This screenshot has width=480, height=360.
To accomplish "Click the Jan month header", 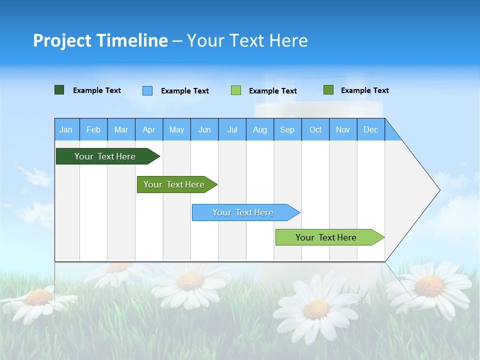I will (x=66, y=129).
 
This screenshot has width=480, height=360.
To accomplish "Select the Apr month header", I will (x=148, y=129).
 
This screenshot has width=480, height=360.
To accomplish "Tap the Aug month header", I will (x=259, y=129).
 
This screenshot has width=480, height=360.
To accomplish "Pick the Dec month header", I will (x=370, y=129).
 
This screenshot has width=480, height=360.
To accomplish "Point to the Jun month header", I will (x=204, y=129).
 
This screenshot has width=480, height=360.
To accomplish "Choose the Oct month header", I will (x=315, y=129).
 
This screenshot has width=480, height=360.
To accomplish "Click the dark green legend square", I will (x=59, y=90).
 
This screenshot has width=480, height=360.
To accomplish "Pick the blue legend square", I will (x=147, y=90).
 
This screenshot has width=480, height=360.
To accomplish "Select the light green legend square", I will (x=236, y=90).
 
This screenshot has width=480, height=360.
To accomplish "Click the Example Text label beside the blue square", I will (x=184, y=91).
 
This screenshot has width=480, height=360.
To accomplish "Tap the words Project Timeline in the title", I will (x=100, y=40).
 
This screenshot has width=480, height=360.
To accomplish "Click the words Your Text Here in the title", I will (x=247, y=40).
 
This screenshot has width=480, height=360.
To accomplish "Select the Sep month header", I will (x=287, y=129).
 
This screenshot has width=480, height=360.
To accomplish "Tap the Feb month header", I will (x=93, y=129).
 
